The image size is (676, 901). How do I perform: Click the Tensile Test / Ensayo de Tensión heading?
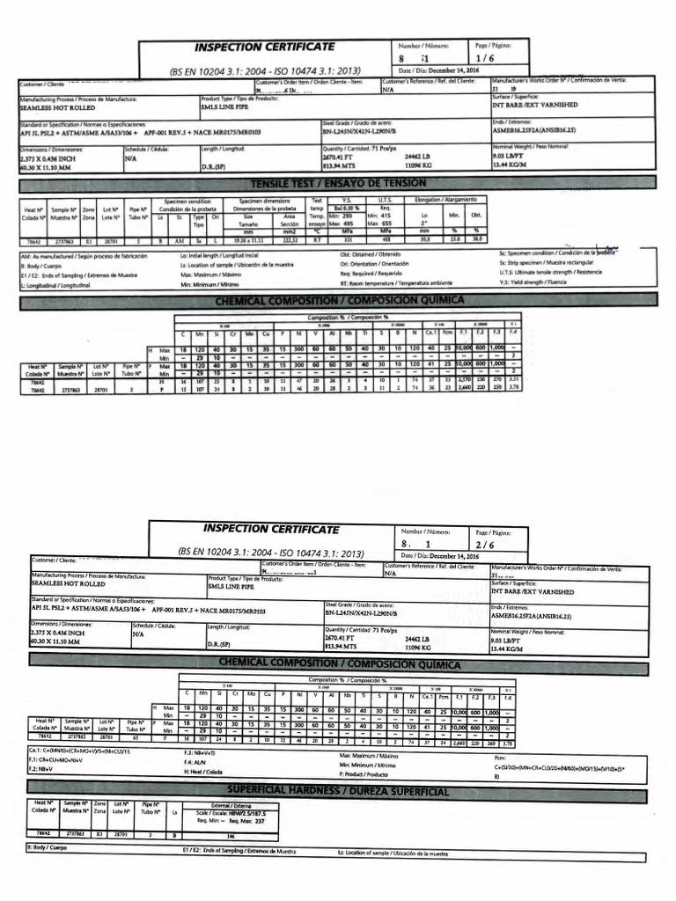337,182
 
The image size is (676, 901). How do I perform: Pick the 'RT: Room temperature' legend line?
396,283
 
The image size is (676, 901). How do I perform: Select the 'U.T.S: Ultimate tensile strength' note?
553,273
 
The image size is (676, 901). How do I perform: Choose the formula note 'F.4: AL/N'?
195,762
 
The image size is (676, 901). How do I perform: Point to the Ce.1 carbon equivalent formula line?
80,751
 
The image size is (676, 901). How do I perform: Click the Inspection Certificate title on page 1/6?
263,46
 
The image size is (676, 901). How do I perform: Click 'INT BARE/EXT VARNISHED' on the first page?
535,104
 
